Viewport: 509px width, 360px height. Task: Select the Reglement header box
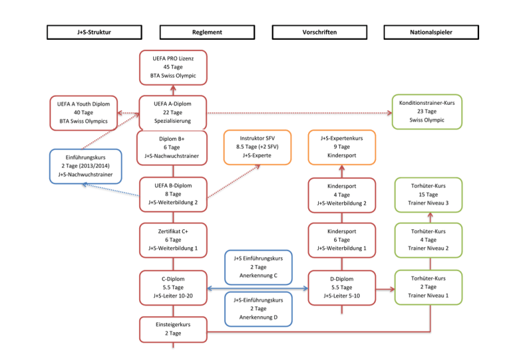[x=207, y=32]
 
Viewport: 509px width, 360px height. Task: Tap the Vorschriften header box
[x=319, y=32]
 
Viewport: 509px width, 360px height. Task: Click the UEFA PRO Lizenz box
[x=172, y=68]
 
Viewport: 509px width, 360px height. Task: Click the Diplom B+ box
[x=172, y=147]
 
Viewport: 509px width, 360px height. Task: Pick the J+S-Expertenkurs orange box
[x=342, y=147]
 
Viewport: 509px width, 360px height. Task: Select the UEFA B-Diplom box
[x=172, y=194]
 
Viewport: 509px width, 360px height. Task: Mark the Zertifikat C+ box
[x=172, y=239]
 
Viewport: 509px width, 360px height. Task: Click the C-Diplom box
[x=172, y=287]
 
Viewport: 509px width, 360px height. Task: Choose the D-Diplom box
[x=342, y=287]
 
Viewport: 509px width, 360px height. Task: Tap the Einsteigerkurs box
[x=172, y=328]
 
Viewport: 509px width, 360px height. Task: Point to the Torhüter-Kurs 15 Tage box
[x=427, y=194]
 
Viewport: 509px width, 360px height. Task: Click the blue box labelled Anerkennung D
[x=258, y=308]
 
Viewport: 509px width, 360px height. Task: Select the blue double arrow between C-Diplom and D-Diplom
[x=258, y=288]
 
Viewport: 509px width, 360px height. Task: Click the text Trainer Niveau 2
[x=427, y=249]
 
